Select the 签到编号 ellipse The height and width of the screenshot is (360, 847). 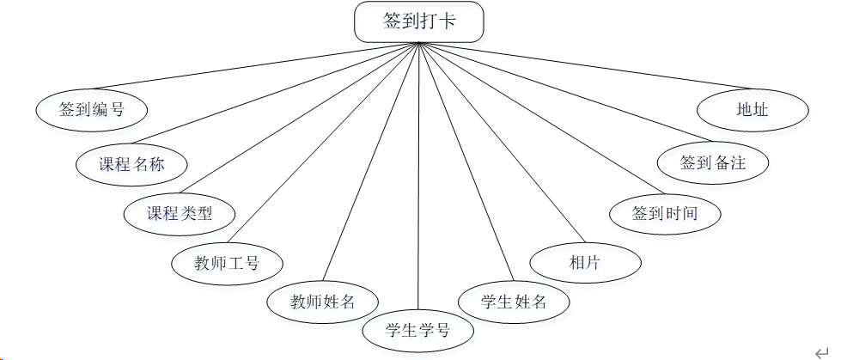91,110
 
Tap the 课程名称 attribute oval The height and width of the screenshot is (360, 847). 131,163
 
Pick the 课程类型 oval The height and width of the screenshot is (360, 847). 180,213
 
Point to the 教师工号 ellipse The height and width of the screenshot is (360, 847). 227,262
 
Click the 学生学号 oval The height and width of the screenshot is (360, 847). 417,330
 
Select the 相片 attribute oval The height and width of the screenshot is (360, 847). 585,263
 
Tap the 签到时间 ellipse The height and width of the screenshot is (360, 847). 664,213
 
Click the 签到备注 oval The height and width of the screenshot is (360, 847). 712,162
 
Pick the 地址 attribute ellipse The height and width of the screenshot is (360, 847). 753,110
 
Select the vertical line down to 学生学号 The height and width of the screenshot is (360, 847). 418,172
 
